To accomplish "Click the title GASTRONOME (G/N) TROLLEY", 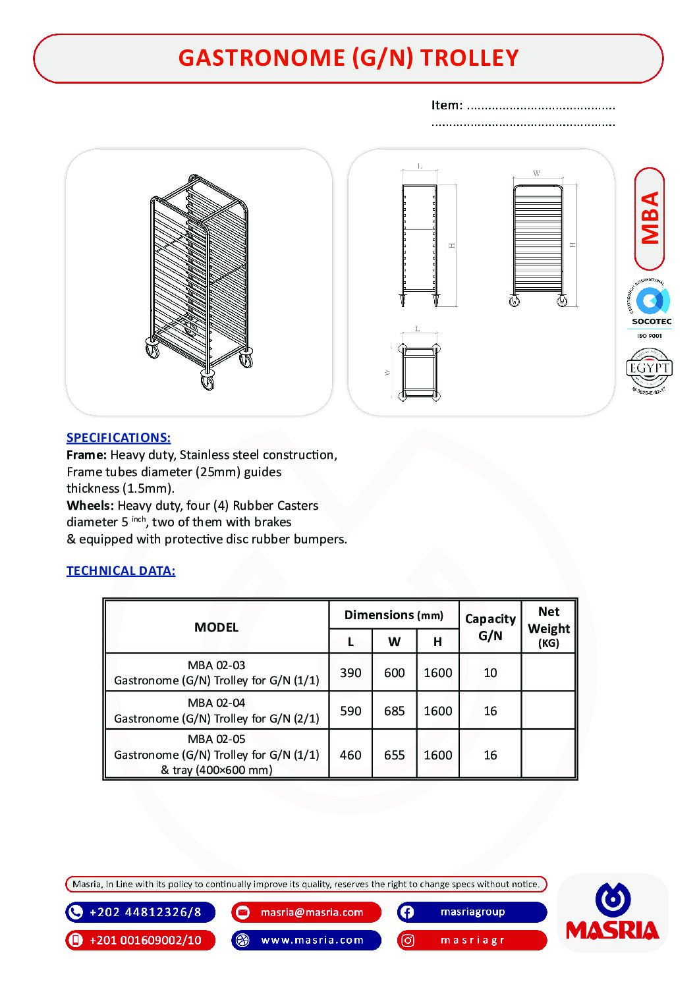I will click(x=348, y=58).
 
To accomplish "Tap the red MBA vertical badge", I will click(x=650, y=219).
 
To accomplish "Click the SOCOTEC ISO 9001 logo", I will click(x=650, y=308).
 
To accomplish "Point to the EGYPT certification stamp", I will click(x=649, y=370).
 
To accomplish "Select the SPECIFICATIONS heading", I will click(x=119, y=437).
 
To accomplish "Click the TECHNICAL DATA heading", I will click(x=121, y=570).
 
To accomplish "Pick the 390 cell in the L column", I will click(x=350, y=672).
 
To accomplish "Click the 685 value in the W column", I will click(x=394, y=711).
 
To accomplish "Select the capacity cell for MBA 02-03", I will click(x=490, y=672).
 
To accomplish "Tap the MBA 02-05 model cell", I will click(x=217, y=754).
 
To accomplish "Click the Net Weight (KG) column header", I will click(x=548, y=627).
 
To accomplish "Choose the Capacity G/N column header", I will click(x=490, y=627).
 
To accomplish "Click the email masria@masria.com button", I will click(x=306, y=912).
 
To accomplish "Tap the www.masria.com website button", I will click(x=306, y=940).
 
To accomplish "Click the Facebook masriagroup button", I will click(x=472, y=912).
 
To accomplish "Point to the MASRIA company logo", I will click(x=613, y=913).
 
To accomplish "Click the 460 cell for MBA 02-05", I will click(x=350, y=755).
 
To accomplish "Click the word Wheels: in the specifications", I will click(x=90, y=505).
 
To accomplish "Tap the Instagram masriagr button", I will click(x=472, y=940).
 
